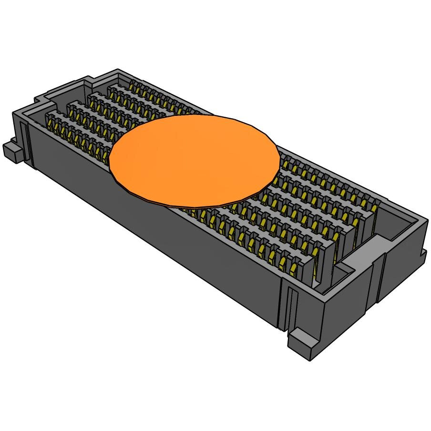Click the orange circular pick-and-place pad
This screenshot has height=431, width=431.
tap(195, 160)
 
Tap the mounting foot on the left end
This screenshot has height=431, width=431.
tap(13, 152)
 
